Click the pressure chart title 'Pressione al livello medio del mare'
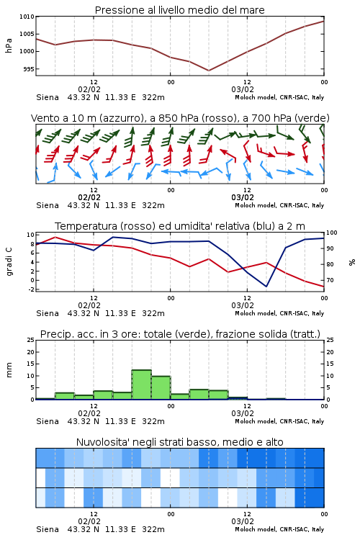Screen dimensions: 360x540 [x=179, y=10]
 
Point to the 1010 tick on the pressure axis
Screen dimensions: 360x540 [x=27, y=17]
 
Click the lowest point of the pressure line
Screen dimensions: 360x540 [x=208, y=71]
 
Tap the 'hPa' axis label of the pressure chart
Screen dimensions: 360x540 [x=9, y=45]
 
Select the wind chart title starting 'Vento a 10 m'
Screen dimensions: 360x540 [x=180, y=118]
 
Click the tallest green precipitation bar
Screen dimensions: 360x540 [x=142, y=384]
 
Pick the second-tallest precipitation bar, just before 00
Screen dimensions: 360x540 [x=161, y=387]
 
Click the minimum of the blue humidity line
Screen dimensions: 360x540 [x=266, y=286]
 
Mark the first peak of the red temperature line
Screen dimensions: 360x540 [x=55, y=237]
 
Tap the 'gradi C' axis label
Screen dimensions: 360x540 [x=9, y=262]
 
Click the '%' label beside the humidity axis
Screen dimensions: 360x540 [x=352, y=262]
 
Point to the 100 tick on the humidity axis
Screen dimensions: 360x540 [x=332, y=233]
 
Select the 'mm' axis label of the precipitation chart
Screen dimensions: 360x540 [x=9, y=369]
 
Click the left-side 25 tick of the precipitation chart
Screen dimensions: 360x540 [x=31, y=340]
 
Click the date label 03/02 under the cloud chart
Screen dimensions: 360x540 [x=243, y=521]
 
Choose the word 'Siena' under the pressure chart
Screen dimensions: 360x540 [x=48, y=97]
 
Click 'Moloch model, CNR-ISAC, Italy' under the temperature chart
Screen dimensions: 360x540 [x=279, y=313]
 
